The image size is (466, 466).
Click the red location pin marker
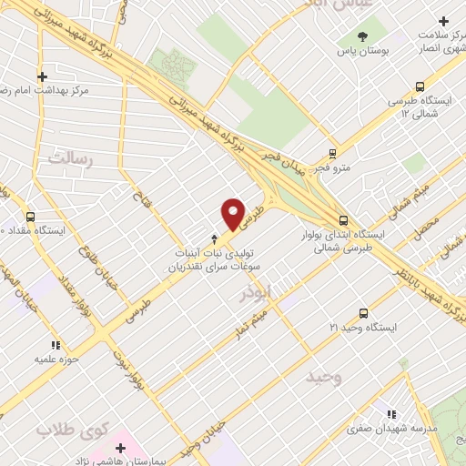pyautogui.click(x=234, y=213)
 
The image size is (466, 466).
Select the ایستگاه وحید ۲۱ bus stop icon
pyautogui.click(x=363, y=310)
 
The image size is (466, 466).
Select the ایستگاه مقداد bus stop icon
pyautogui.click(x=32, y=217)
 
